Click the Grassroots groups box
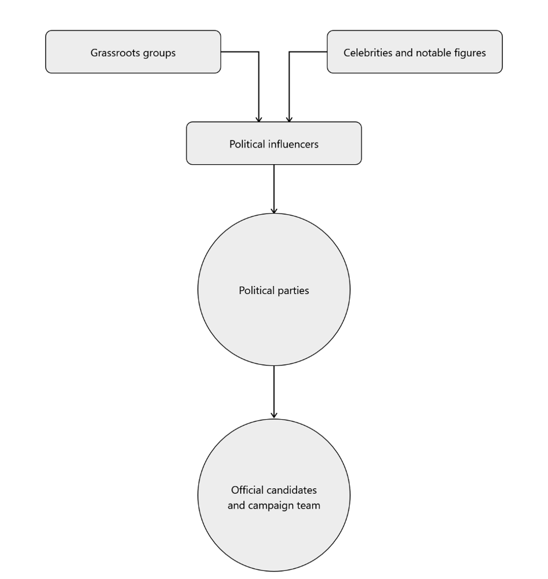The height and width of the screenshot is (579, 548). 133,52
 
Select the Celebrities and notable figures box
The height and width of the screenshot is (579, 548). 414,52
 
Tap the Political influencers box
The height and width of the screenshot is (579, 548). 274,144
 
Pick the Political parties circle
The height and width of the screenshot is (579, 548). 274,289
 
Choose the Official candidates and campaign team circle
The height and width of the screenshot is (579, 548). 274,495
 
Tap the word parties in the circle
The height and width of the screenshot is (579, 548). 293,291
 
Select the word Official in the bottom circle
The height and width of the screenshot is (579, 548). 245,490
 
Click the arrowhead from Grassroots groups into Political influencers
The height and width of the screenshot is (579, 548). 259,119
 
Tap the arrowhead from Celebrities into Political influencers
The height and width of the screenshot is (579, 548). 289,119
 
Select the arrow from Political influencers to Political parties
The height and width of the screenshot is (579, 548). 274,189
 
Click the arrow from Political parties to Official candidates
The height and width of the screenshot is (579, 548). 274,392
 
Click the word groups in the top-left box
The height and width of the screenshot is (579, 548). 159,53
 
